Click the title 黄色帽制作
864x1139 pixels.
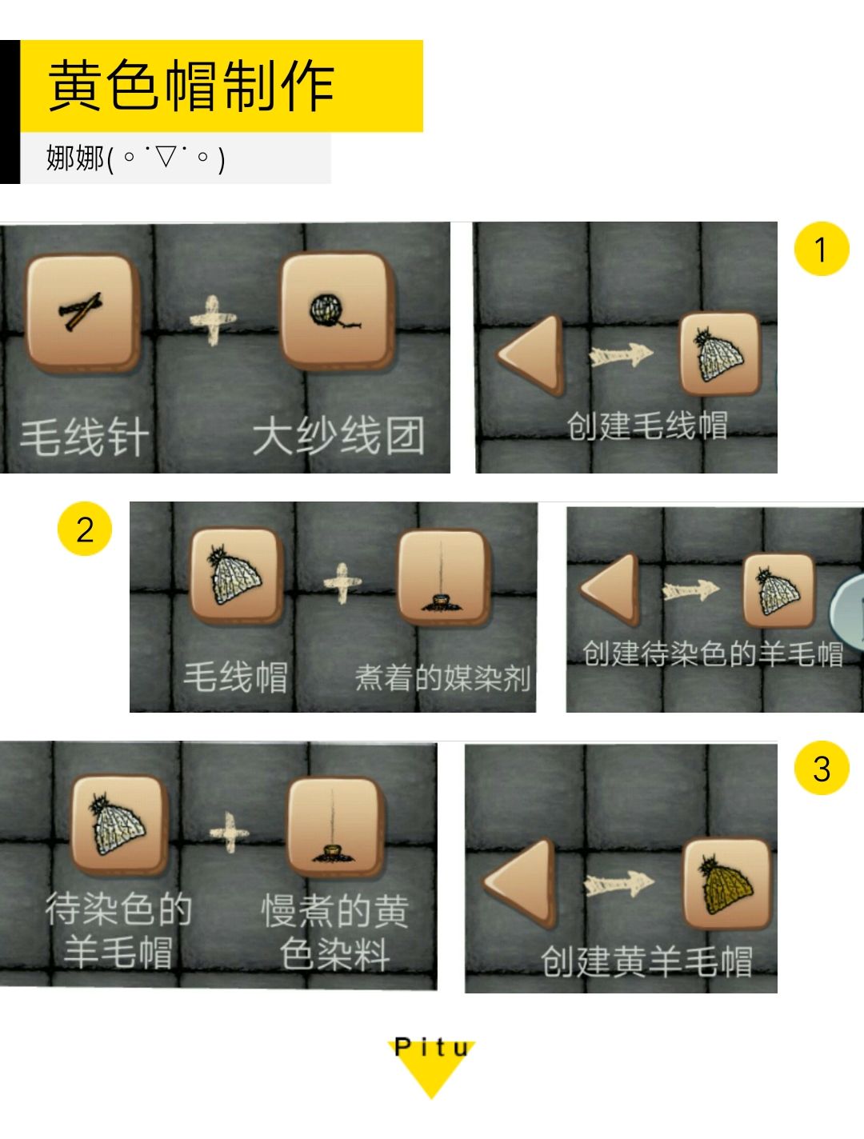[x=191, y=86]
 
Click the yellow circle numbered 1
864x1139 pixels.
[x=821, y=250]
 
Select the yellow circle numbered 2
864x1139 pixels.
[x=84, y=530]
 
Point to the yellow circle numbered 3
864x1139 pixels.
[x=821, y=769]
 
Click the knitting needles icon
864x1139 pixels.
[x=81, y=312]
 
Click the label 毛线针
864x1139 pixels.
[x=84, y=438]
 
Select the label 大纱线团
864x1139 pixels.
[x=338, y=436]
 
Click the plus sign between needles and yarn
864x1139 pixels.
[x=213, y=320]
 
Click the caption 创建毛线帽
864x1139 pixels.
[x=647, y=426]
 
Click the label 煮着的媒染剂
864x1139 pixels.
[x=442, y=677]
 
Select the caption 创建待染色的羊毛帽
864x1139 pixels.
[x=712, y=653]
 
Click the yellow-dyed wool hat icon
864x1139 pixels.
[x=726, y=884]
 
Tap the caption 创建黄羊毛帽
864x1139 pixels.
[x=646, y=961]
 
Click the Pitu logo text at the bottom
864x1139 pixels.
[x=431, y=1049]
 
